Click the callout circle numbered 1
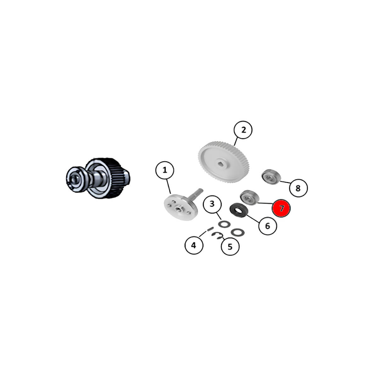(164, 170)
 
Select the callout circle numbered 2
(243, 130)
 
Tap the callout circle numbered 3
(212, 204)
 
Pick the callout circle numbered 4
(194, 245)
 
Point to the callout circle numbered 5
(230, 246)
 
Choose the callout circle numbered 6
(267, 226)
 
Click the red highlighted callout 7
(281, 208)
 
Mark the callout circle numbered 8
(298, 188)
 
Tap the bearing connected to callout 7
(249, 197)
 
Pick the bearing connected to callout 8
(272, 176)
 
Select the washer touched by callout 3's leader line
(224, 224)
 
